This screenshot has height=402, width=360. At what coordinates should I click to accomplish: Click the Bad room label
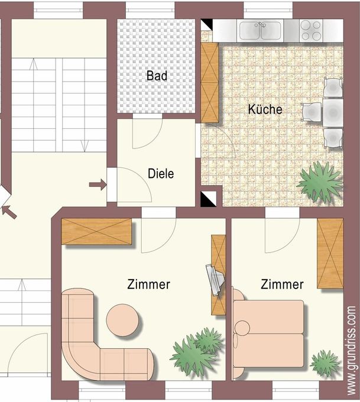[157, 76]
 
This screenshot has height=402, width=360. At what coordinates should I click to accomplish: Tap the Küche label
[265, 109]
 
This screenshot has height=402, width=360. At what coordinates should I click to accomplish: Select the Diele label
[161, 174]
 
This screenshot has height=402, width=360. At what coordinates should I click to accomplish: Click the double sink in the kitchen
[260, 31]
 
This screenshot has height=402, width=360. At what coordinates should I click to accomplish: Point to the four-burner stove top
[311, 30]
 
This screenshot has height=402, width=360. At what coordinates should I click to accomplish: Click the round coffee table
[122, 320]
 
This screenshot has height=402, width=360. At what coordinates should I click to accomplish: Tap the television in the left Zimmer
[215, 280]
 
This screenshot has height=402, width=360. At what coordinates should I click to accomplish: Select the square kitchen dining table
[333, 112]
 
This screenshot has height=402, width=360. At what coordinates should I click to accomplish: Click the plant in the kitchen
[320, 182]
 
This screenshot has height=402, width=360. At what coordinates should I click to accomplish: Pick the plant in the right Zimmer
[325, 363]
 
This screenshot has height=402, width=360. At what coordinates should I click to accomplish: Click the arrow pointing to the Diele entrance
[98, 184]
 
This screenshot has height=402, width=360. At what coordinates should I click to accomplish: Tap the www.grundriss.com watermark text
[352, 351]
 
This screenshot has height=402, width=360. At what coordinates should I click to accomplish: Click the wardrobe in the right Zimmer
[330, 254]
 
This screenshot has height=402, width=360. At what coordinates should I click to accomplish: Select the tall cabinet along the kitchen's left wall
[210, 83]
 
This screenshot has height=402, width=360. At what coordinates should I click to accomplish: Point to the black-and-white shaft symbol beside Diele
[208, 199]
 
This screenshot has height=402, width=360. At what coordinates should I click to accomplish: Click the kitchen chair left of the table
[312, 112]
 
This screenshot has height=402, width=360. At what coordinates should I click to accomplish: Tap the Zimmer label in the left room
[149, 284]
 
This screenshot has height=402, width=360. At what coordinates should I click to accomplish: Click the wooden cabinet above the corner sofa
[96, 231]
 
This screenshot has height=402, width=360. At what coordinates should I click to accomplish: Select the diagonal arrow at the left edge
[9, 212]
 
